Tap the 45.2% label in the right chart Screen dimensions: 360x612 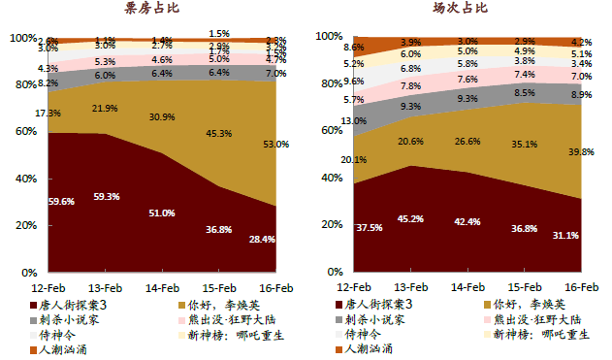coord(410,218)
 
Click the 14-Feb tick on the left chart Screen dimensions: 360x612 coord(162,287)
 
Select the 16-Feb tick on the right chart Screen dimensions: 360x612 coord(582,287)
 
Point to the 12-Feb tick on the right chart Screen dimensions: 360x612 coord(356,287)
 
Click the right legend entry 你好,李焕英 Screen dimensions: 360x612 coord(529,304)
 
